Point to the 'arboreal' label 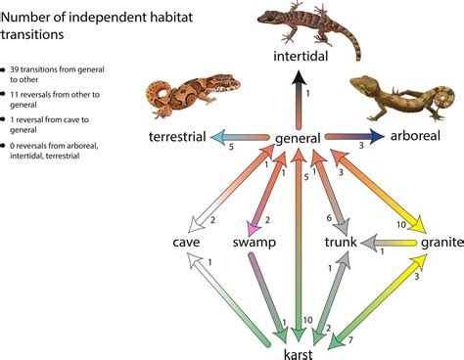416,139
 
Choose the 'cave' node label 186,242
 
